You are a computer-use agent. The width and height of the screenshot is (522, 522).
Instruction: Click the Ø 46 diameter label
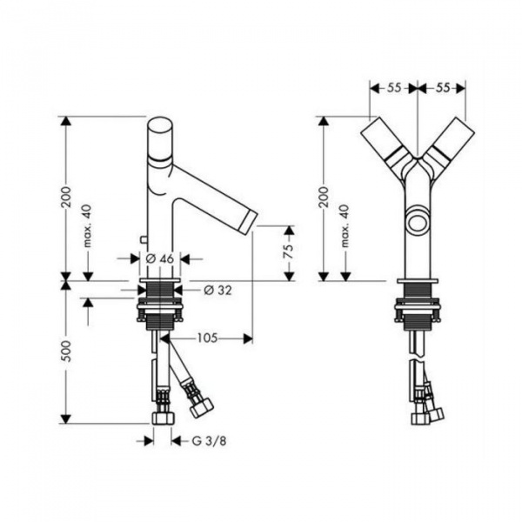tap(160, 258)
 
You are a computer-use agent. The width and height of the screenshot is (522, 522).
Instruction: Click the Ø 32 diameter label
tap(217, 291)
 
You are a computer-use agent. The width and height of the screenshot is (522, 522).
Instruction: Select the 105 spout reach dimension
tap(207, 338)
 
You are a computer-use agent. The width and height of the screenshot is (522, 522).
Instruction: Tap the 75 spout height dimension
tap(289, 251)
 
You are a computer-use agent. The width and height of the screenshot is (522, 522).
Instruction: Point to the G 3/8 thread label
tap(209, 441)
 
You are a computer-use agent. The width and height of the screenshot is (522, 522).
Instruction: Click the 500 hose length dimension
tap(67, 351)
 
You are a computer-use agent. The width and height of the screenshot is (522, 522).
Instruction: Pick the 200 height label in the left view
tap(67, 197)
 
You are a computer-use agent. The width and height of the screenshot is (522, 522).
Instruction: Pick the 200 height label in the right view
tap(324, 197)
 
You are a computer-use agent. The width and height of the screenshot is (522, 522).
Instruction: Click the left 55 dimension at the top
tap(394, 88)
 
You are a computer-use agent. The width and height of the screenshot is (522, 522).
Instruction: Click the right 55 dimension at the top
tap(442, 88)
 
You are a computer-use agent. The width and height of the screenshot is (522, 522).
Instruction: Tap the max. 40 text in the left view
tap(87, 225)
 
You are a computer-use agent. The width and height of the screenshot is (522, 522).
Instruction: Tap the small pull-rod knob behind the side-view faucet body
tap(144, 239)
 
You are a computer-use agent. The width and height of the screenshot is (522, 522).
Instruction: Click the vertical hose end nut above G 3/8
tap(163, 418)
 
